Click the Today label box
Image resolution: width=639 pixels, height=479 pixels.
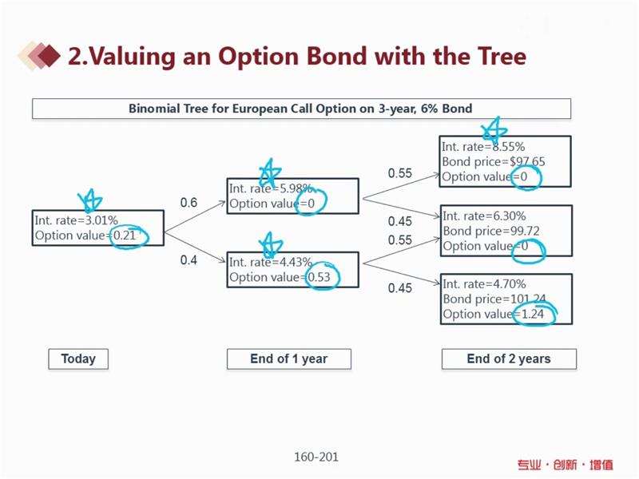pos(78,358)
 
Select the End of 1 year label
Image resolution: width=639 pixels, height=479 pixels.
pos(289,358)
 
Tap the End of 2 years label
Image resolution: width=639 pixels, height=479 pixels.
pos(509,358)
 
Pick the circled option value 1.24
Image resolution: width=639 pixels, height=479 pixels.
pos(533,314)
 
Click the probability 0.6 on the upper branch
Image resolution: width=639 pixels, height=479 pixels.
pos(189,203)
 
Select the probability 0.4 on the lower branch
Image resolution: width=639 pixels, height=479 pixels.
pos(189,260)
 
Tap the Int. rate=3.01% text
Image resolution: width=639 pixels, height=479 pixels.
pos(76,220)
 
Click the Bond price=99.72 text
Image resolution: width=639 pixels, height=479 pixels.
pos(491,232)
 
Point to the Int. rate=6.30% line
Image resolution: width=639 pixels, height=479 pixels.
pos(484,216)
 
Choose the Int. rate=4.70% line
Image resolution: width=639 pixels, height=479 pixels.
pos(484,284)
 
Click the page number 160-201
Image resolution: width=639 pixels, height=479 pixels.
pos(316,457)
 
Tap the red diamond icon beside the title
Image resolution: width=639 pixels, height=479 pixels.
pos(49,56)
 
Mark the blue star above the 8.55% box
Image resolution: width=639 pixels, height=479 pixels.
pos(494,130)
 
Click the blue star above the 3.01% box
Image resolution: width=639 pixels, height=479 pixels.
pos(90,201)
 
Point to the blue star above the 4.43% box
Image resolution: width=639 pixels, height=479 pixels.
pos(271,244)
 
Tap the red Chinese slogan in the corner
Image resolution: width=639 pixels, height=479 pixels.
pos(566,465)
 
